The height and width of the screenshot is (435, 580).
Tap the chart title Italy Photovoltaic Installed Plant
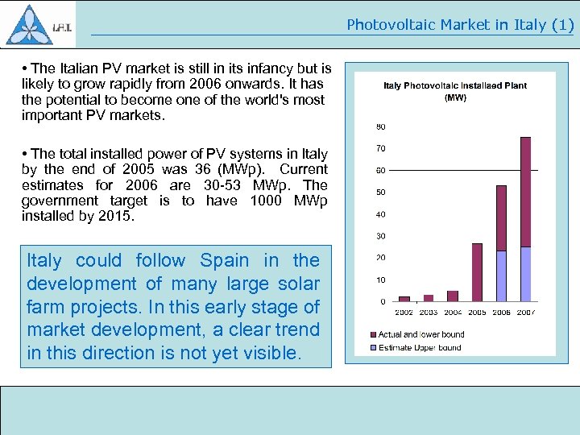(x=455, y=85)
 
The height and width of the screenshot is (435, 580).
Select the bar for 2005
(x=477, y=272)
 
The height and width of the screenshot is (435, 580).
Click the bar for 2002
(x=404, y=298)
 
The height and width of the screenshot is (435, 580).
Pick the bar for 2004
(x=453, y=296)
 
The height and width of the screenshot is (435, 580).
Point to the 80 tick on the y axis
(x=380, y=126)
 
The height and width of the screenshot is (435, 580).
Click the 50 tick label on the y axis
(x=380, y=193)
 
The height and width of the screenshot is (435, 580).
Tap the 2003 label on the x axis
(x=429, y=312)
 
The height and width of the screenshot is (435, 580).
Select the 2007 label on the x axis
(x=525, y=312)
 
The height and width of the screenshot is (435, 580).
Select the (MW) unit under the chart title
(x=455, y=97)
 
